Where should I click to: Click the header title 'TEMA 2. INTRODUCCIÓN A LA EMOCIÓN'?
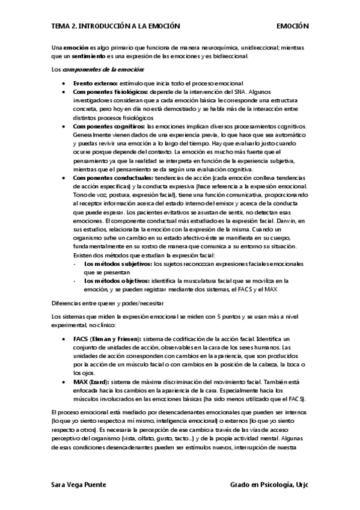116,26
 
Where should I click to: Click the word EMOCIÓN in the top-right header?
292,26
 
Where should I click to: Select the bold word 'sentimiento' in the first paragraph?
85,56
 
